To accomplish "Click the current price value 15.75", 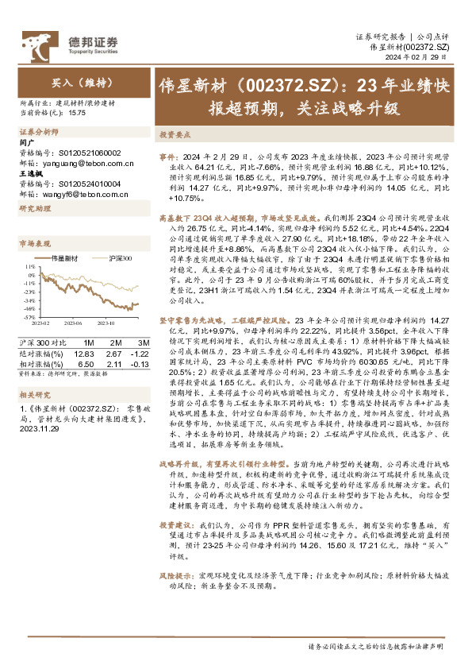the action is tap(78, 112).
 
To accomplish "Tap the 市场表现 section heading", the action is tap(35, 243).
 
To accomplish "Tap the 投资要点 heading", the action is tap(175, 135).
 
